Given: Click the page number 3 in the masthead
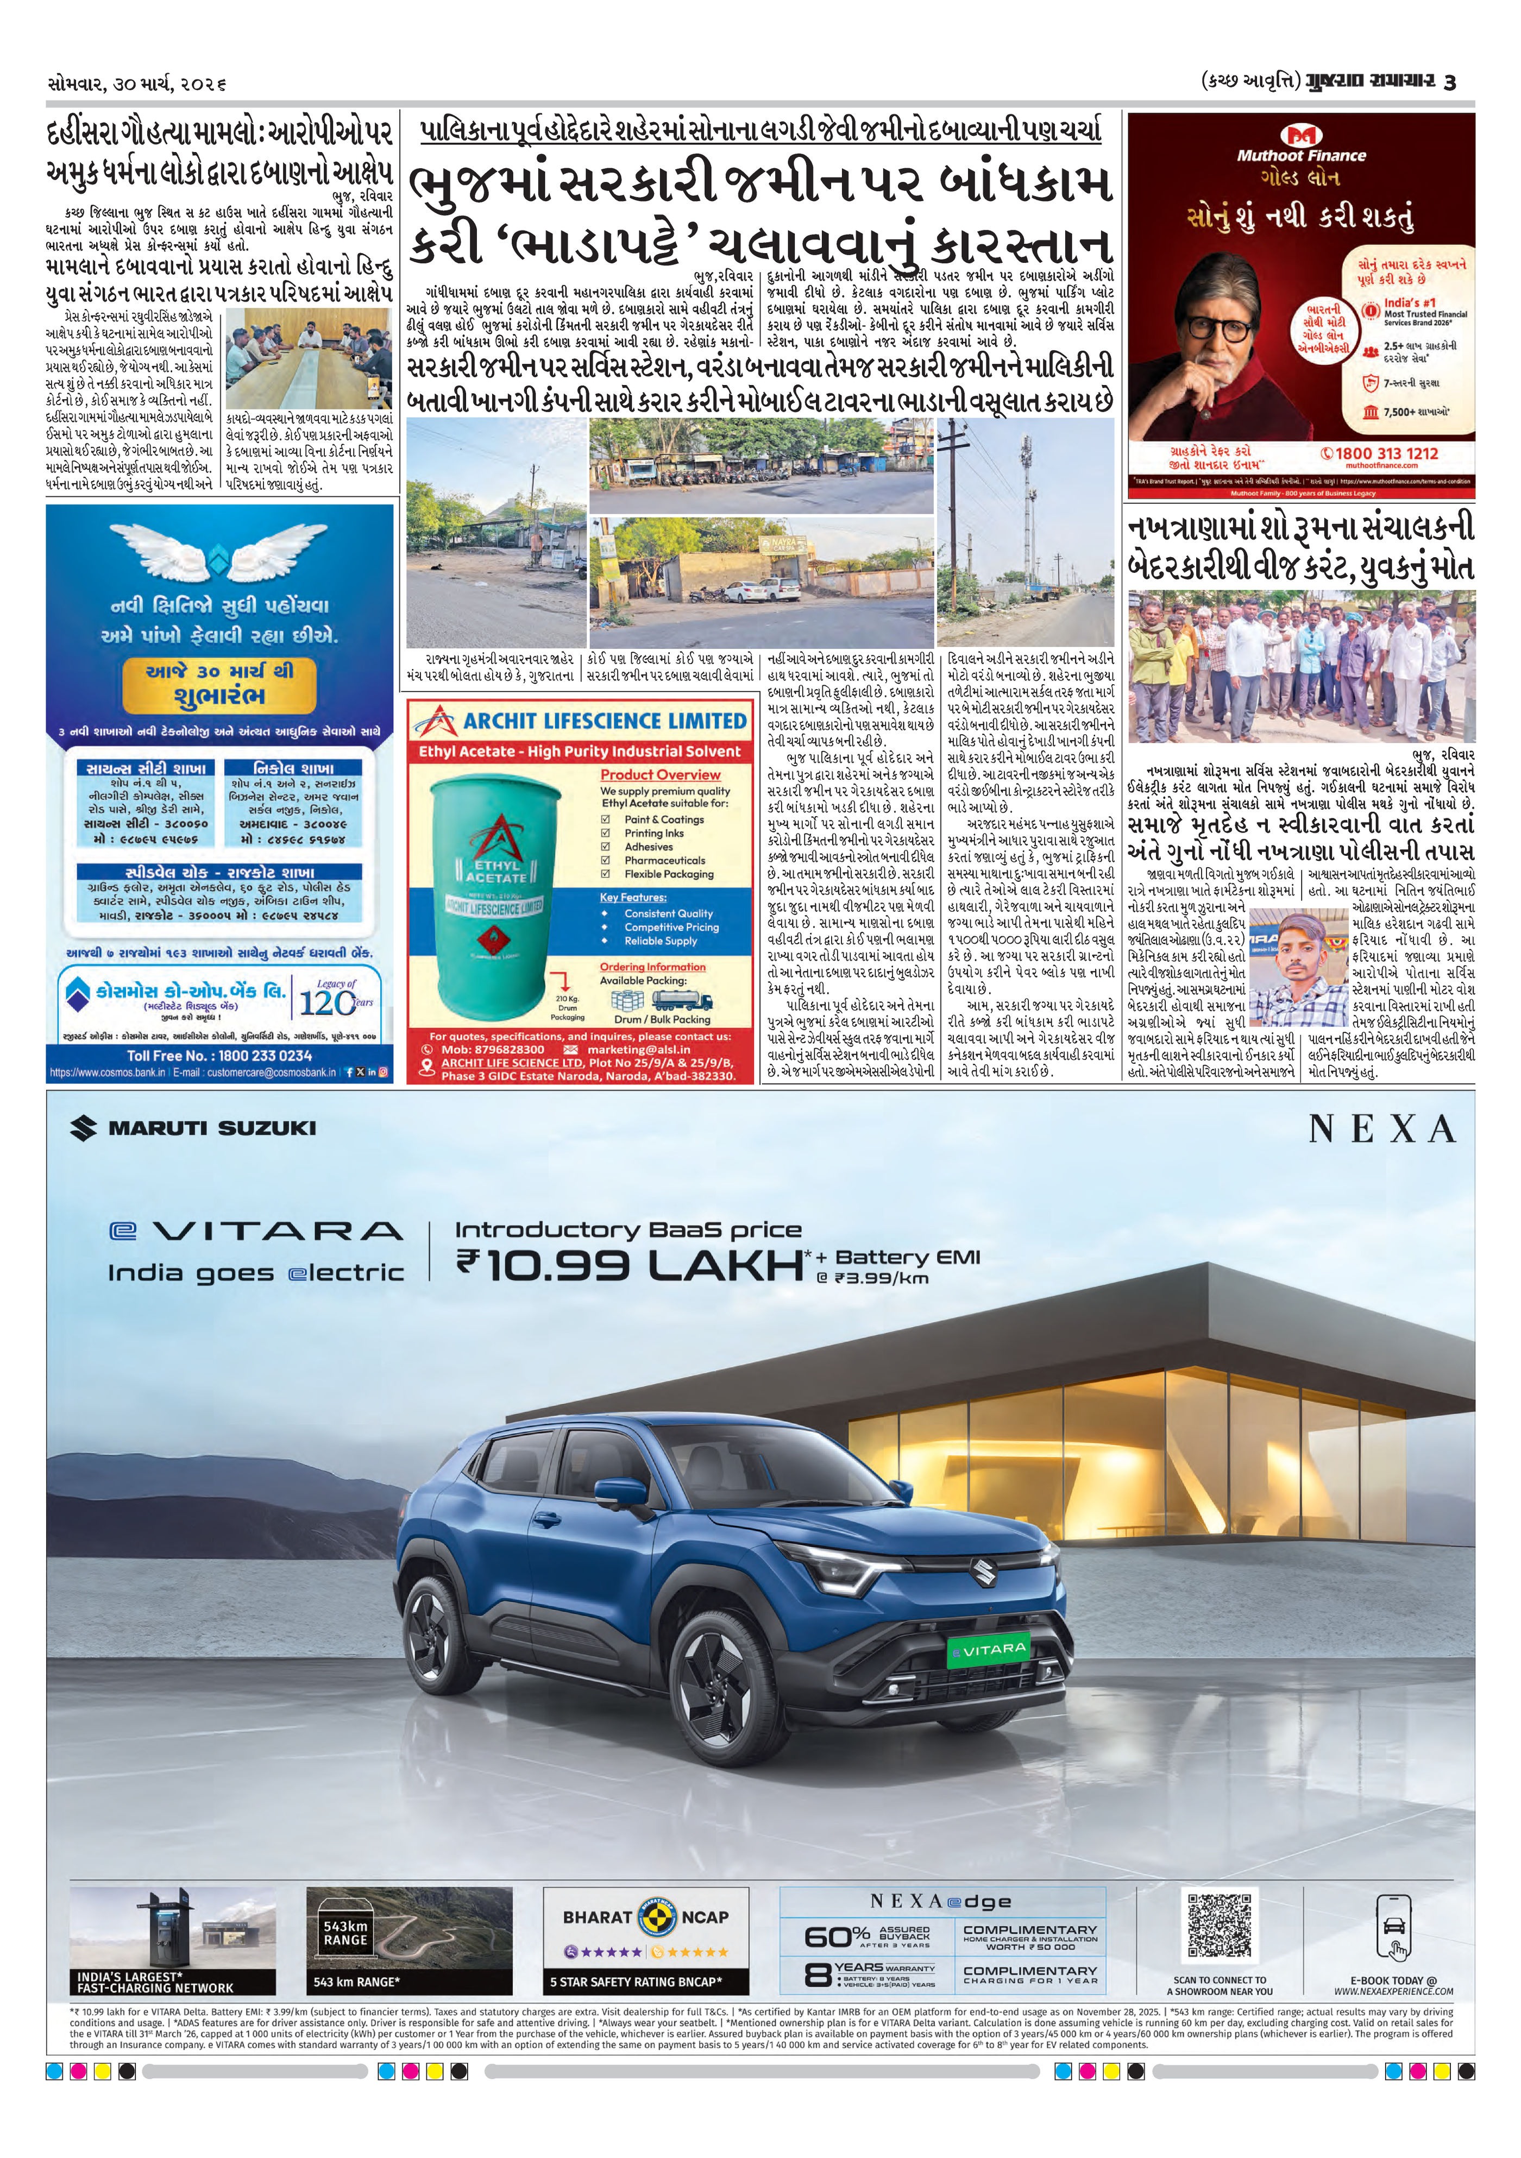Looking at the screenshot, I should pos(1450,83).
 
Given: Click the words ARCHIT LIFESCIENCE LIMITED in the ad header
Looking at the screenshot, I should pos(605,722).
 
